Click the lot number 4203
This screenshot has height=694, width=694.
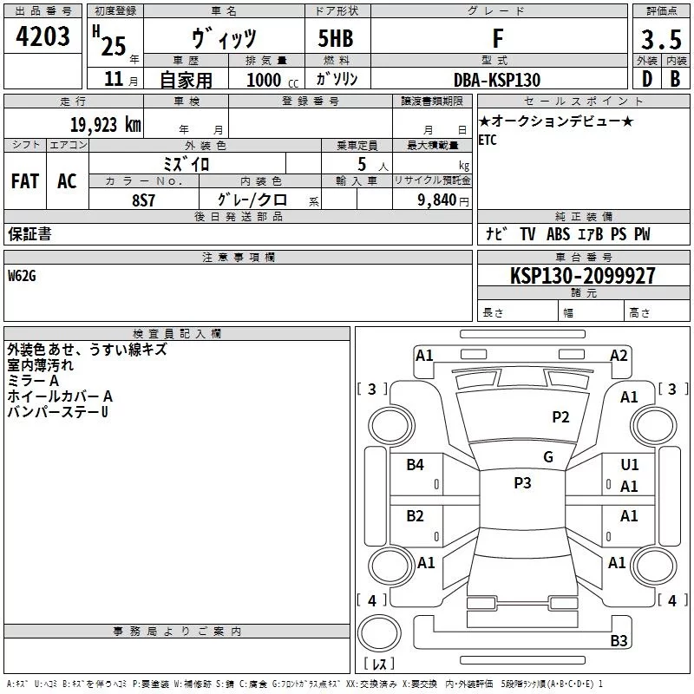click(43, 36)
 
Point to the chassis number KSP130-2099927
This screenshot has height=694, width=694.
click(582, 276)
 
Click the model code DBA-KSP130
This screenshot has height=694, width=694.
click(497, 80)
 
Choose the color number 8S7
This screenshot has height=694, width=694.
click(143, 200)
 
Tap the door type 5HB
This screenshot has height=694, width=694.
click(336, 39)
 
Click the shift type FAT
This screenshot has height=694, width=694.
click(25, 180)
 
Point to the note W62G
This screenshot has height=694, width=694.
click(23, 275)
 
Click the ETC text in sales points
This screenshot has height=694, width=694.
click(488, 141)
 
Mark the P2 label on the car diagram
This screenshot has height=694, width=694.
click(560, 417)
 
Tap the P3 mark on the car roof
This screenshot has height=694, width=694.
click(522, 483)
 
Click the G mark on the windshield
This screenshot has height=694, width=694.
click(548, 456)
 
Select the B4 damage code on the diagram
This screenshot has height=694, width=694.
click(416, 465)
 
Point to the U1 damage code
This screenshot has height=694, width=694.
click(630, 465)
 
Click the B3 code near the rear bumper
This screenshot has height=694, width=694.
click(619, 641)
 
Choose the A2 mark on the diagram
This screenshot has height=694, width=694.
click(619, 355)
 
